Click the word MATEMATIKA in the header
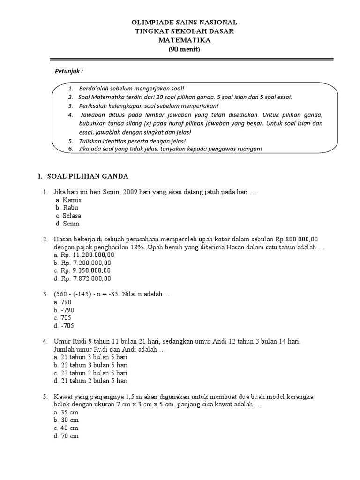tap(184, 40)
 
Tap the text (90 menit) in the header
tap(184, 50)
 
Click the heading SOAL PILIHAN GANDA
tap(88, 176)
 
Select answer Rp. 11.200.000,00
tap(87, 255)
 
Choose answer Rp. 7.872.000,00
tap(86, 278)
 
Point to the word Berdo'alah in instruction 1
tap(93, 88)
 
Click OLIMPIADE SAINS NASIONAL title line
tap(184, 22)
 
